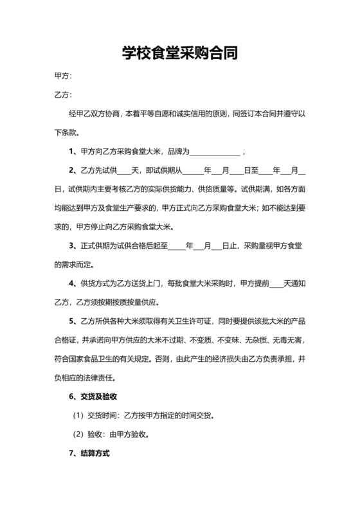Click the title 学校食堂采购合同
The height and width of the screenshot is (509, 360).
click(x=180, y=53)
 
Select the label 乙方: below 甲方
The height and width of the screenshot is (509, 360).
click(x=63, y=96)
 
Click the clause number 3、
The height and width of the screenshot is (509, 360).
click(x=73, y=246)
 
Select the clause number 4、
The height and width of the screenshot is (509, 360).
click(x=73, y=283)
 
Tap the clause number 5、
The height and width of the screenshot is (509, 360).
click(x=73, y=321)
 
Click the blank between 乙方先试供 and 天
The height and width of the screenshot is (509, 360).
click(x=124, y=171)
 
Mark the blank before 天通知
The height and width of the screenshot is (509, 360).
click(x=276, y=283)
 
